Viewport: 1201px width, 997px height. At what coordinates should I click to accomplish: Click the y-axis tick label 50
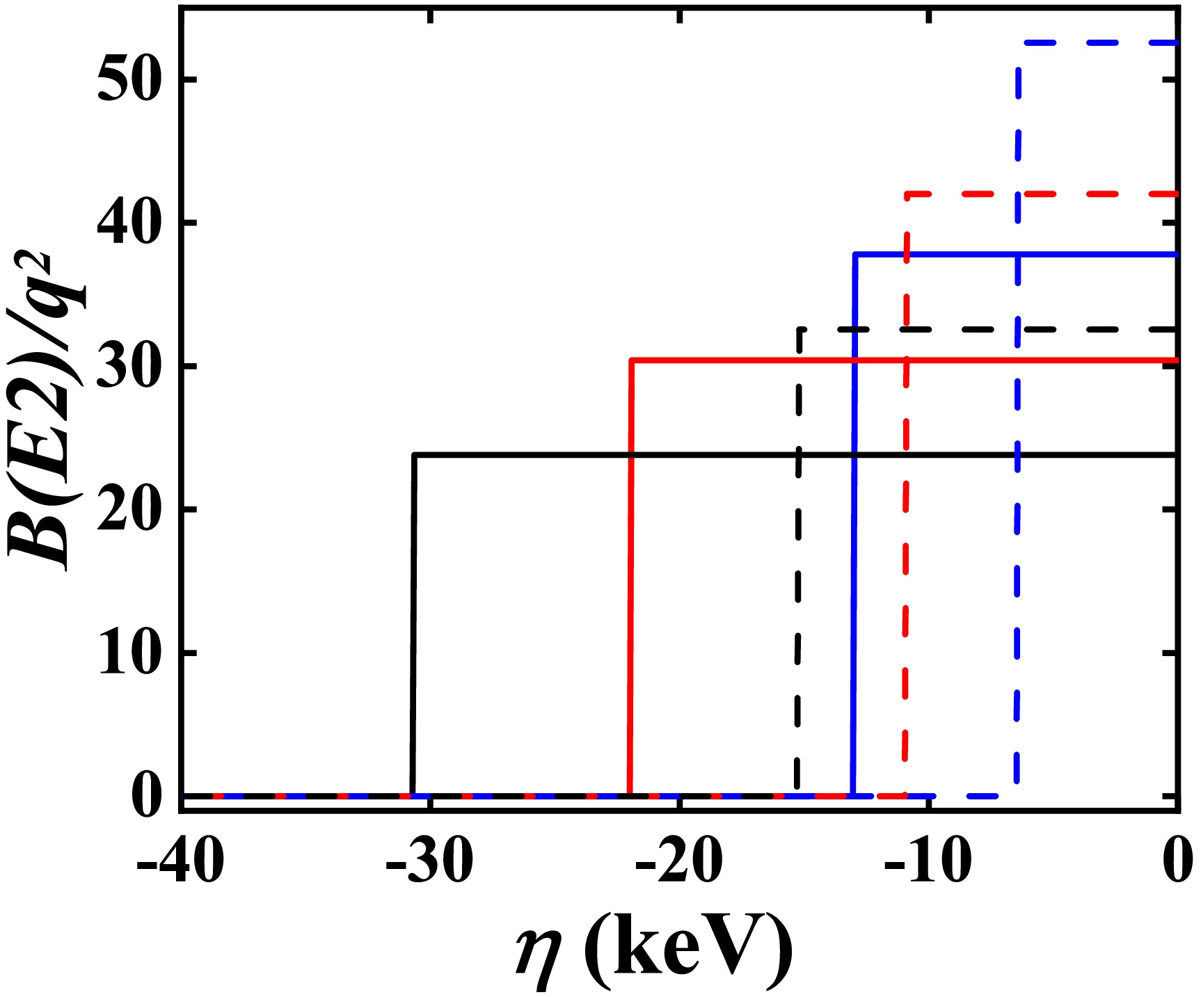130,80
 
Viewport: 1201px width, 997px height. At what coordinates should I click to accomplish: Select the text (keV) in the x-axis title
689,949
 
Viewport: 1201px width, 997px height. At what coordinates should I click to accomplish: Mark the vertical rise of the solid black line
413,626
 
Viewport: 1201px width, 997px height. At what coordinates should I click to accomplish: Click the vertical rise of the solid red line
630,577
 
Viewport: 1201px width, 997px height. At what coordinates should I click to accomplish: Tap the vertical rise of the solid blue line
854,522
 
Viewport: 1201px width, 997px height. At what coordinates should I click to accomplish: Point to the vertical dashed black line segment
799,557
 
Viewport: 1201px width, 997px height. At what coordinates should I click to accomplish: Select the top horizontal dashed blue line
1099,43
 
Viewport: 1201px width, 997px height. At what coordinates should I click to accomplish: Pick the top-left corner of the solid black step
415,455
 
